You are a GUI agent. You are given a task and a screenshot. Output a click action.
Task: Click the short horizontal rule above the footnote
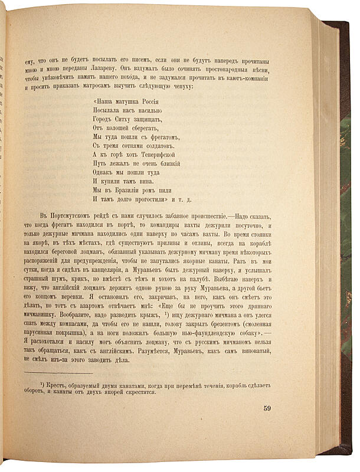click(59, 373)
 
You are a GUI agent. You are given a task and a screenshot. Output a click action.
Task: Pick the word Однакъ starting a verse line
click(106, 173)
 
